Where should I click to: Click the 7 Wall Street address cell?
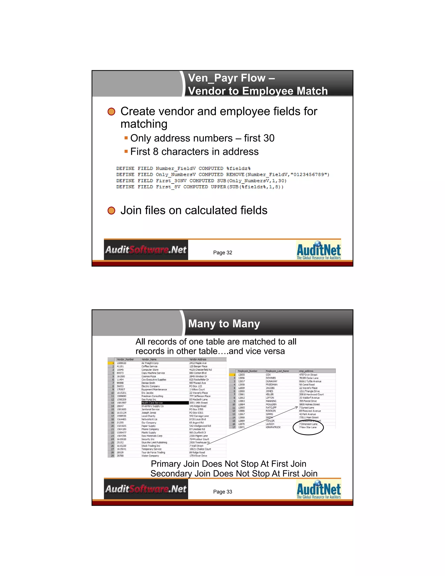click(x=197, y=446)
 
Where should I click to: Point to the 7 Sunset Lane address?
click(x=307, y=408)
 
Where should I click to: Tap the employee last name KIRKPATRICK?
click(x=273, y=427)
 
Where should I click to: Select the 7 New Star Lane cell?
click(x=308, y=427)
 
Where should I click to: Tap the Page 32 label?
click(x=222, y=253)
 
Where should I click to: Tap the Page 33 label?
click(x=222, y=492)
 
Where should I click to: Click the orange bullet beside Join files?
click(x=111, y=211)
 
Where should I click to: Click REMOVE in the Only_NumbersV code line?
click(x=235, y=175)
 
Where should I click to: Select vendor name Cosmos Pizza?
click(x=149, y=376)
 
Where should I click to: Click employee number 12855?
click(x=241, y=375)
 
